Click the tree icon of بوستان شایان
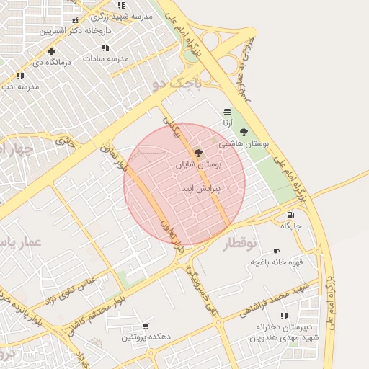pyautogui.click(x=198, y=152)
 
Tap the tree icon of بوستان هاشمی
pyautogui.click(x=244, y=132)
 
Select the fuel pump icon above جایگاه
pyautogui.click(x=290, y=214)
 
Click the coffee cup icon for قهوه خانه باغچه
pyautogui.click(x=277, y=251)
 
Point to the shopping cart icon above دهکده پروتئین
pyautogui.click(x=146, y=326)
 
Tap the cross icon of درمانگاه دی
pyautogui.click(x=51, y=51)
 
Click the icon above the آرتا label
pyautogui.click(x=228, y=111)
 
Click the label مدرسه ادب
pyautogui.click(x=20, y=86)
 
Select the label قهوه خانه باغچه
pyautogui.click(x=277, y=262)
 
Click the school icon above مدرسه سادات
pyautogui.click(x=105, y=48)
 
